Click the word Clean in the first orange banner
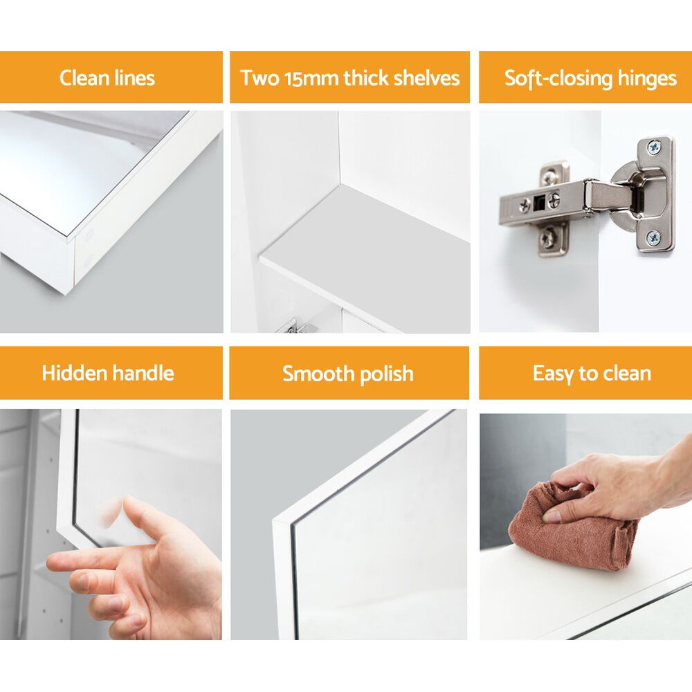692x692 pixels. pos(84,78)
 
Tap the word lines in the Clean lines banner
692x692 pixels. pos(135,78)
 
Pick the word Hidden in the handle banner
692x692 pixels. pos(74,373)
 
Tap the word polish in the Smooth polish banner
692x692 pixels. pos(387,374)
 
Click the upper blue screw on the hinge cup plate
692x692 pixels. pos(653,146)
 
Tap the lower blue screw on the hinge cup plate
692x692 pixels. pos(653,238)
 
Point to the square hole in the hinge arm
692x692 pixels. pos(538,203)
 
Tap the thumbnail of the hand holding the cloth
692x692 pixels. pos(552,516)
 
